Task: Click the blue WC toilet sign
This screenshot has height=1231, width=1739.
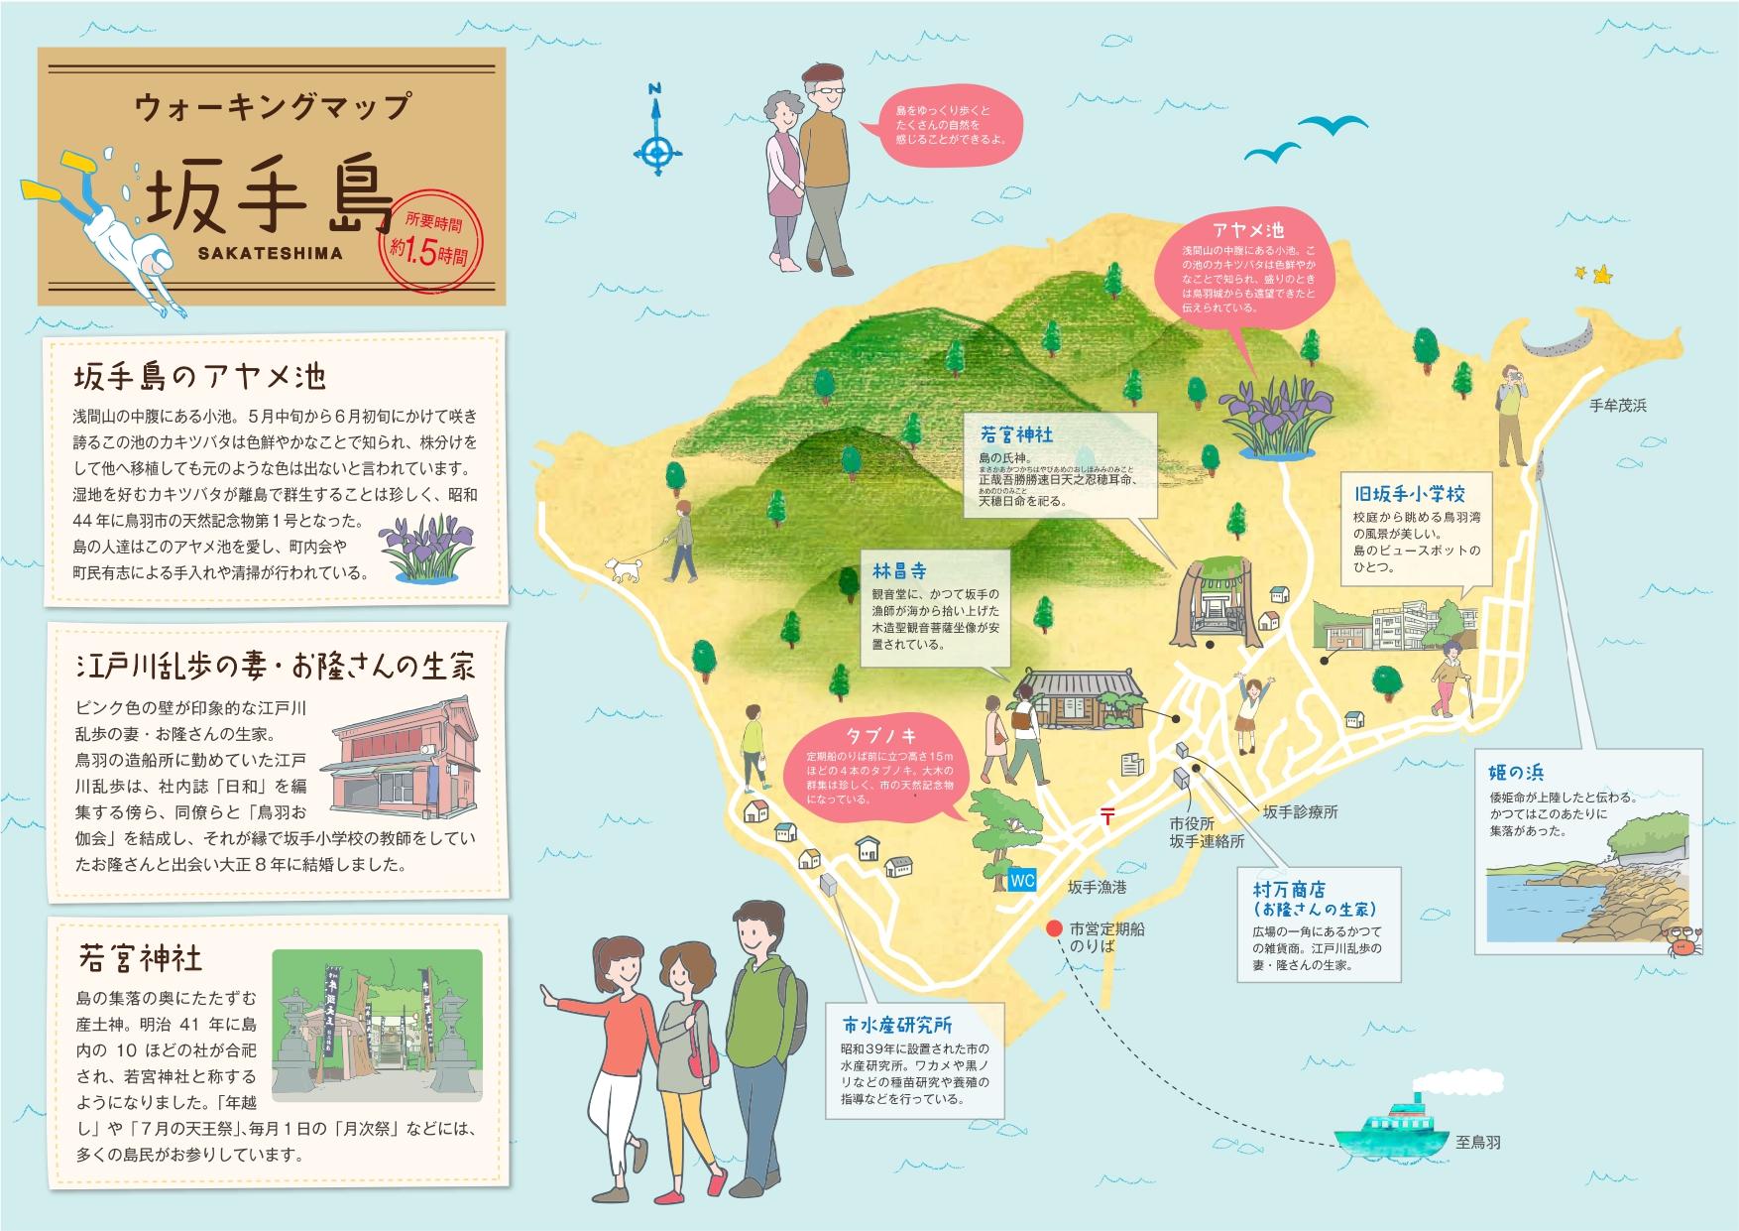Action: (1022, 881)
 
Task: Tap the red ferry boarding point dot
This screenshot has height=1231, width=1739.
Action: (1052, 929)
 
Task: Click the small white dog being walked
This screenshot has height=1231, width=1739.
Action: (625, 568)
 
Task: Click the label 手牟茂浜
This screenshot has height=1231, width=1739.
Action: (1617, 406)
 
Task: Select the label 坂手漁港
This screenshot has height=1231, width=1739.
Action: (1097, 887)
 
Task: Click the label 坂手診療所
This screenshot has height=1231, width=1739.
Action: (1300, 811)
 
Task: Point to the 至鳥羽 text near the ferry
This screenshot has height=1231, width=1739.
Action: (1478, 1143)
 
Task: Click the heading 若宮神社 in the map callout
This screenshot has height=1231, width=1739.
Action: (1016, 434)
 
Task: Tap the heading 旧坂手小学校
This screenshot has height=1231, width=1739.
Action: (1409, 493)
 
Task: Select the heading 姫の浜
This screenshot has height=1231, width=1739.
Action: (1516, 773)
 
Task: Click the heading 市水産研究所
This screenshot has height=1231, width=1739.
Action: (897, 1026)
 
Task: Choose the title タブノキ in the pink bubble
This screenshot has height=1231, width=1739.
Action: (880, 735)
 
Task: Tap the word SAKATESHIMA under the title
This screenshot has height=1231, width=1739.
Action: (270, 253)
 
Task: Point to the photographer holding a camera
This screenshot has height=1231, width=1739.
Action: (1512, 418)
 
